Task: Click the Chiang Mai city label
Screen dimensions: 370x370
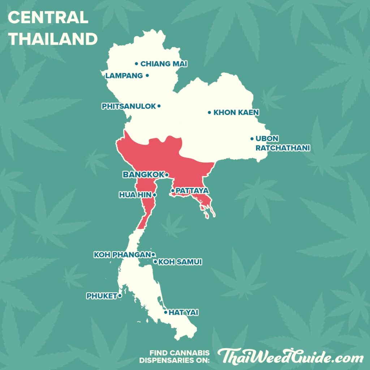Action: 164,64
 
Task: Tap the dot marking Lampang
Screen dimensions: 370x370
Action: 147,76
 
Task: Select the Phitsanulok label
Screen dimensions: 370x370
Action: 129,106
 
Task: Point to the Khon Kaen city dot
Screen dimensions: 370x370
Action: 209,112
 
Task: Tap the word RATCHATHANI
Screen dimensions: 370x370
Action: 283,148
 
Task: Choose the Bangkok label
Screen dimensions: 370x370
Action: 143,175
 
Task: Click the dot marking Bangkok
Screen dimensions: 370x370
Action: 167,175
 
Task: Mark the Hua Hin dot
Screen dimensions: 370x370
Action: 155,195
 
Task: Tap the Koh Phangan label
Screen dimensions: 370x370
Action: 122,255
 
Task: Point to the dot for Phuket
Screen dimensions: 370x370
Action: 120,296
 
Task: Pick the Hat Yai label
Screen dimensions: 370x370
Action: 183,313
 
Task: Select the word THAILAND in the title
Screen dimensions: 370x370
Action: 53,39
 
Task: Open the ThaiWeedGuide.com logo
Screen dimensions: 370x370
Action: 290,357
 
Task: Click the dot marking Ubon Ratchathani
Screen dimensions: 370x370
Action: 252,138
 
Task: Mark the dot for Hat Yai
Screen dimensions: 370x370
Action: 165,312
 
